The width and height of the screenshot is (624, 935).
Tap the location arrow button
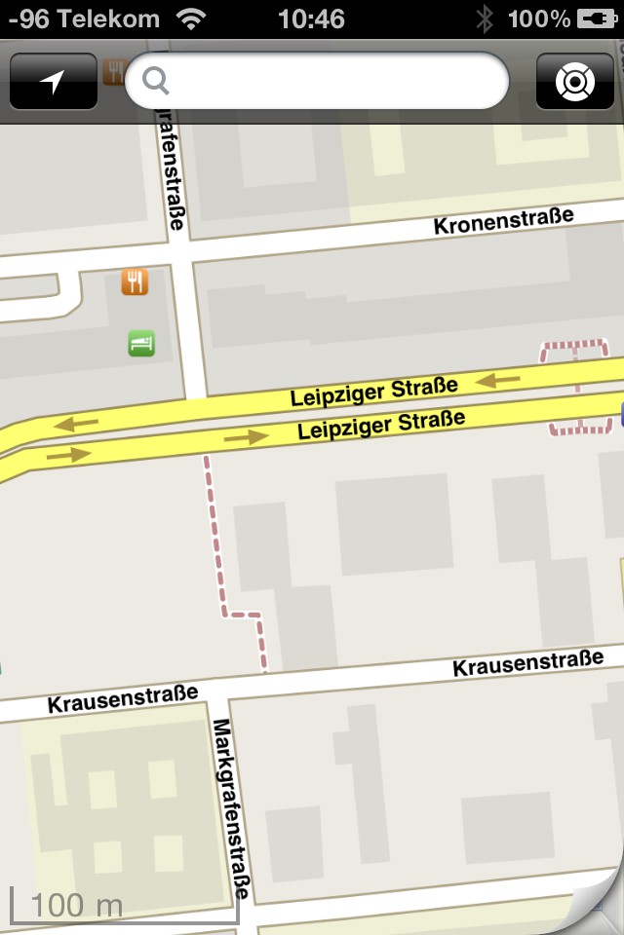(x=54, y=82)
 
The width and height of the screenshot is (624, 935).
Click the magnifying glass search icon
(x=156, y=80)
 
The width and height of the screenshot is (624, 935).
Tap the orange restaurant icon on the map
(x=135, y=282)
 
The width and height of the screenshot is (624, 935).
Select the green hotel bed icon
(x=141, y=343)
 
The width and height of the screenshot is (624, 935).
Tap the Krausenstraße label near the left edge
(x=123, y=697)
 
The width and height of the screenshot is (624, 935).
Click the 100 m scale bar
(x=124, y=905)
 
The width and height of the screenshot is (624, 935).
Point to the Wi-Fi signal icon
(x=192, y=19)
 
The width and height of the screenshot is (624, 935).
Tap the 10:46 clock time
(x=311, y=19)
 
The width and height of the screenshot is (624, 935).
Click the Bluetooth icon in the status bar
(x=485, y=19)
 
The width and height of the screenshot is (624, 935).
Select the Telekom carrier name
(x=113, y=19)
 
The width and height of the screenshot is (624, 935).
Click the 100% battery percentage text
(x=539, y=19)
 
